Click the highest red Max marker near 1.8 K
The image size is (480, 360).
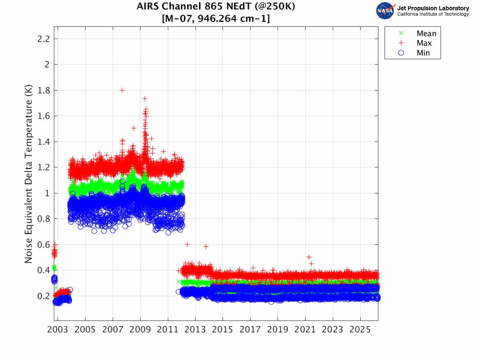122,90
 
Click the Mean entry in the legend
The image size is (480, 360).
426,34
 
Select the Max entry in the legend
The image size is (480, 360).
424,43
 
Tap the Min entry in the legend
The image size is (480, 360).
423,53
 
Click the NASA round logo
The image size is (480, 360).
385,11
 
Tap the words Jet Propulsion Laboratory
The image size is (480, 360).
433,8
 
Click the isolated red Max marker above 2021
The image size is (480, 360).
309,257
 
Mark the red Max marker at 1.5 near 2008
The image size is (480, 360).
134,128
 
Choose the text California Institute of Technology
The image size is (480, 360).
433,14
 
